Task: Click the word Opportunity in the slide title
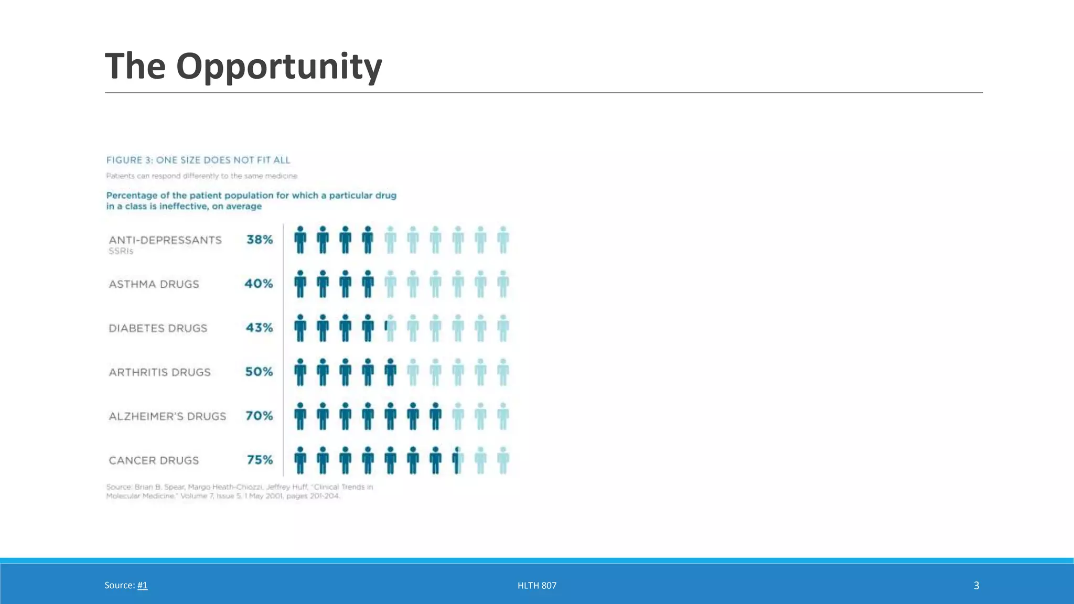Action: tap(279, 67)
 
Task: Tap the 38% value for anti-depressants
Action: tap(260, 240)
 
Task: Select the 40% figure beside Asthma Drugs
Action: tap(259, 284)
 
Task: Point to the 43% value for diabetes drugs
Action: tap(259, 328)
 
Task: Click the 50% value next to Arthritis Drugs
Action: tap(259, 372)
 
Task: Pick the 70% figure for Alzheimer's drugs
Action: tap(259, 416)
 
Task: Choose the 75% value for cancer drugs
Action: tap(260, 460)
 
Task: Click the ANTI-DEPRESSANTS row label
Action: tap(165, 240)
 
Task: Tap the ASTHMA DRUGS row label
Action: tap(154, 284)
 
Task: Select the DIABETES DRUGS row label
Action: tap(158, 328)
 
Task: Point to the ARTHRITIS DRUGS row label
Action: tap(159, 372)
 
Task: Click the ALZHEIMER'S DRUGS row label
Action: tap(167, 416)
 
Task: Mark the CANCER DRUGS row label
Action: tap(154, 460)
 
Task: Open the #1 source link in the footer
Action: tap(142, 585)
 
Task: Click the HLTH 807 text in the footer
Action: tap(536, 585)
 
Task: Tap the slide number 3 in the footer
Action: tap(976, 585)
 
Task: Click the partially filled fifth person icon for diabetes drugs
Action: tap(390, 328)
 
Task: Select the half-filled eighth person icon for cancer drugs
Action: tap(458, 460)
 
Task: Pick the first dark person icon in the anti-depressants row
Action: tap(300, 240)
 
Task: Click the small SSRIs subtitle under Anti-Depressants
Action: tap(121, 251)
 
